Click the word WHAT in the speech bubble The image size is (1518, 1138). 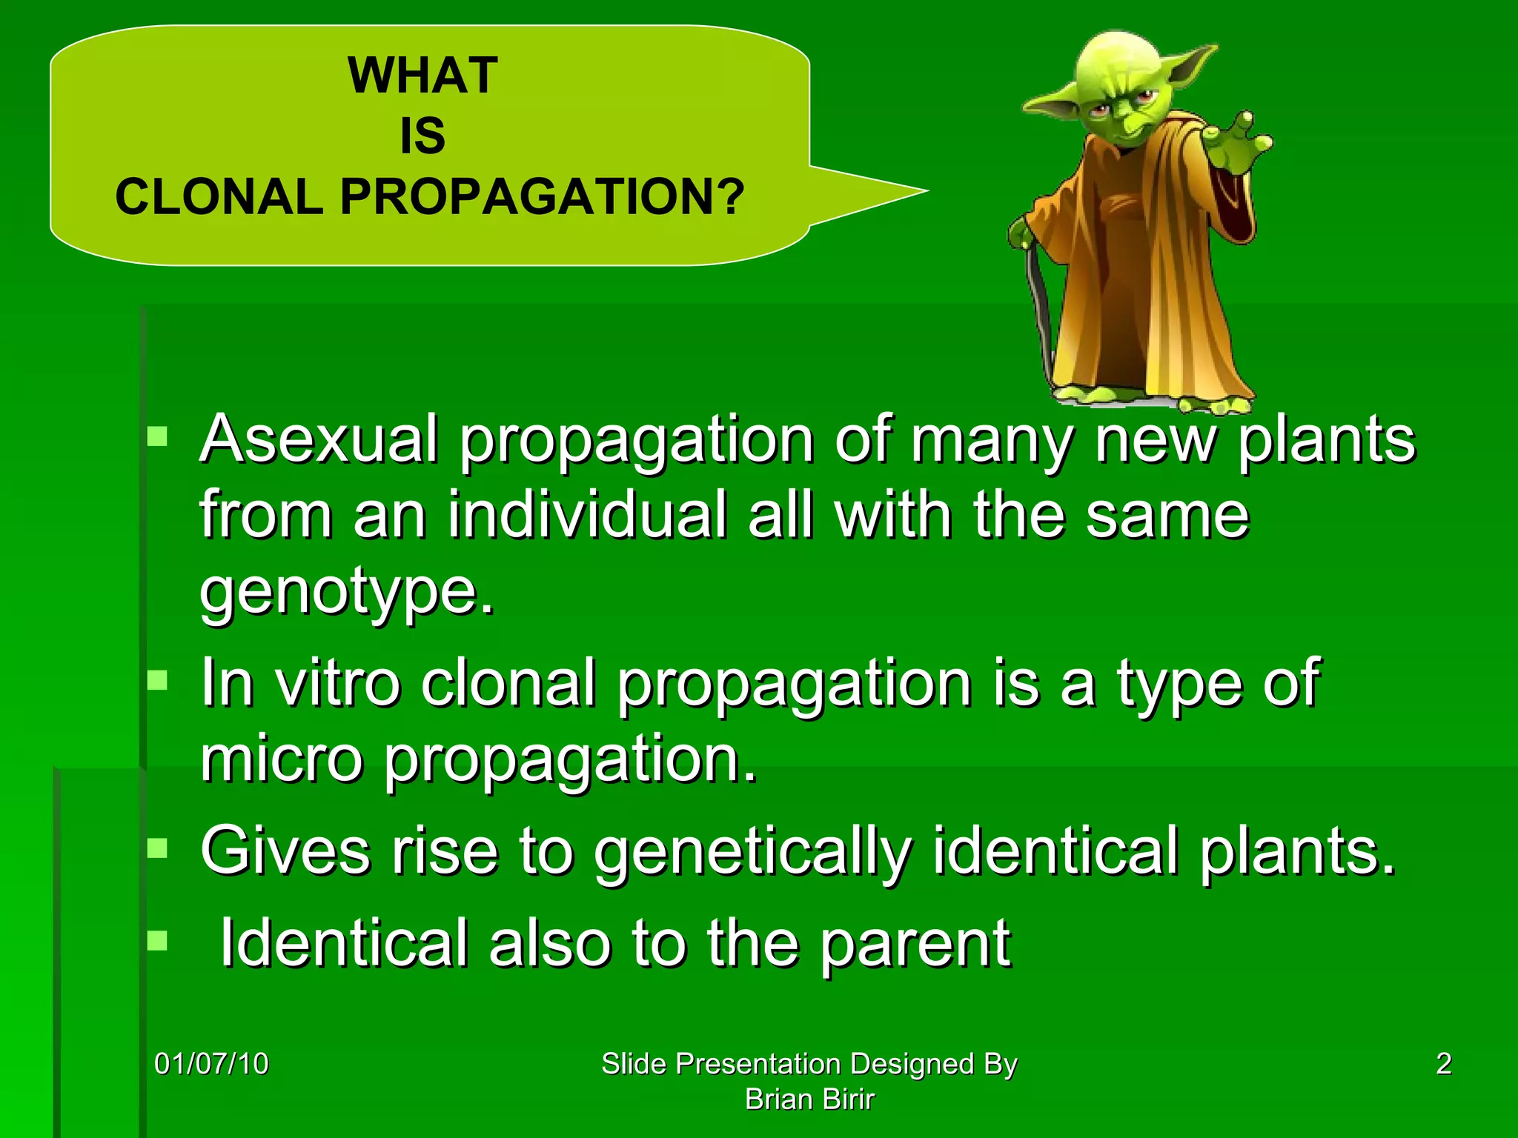[x=422, y=76]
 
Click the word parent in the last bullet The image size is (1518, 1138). [x=915, y=945]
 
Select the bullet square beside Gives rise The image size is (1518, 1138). [x=157, y=848]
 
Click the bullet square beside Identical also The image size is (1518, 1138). [x=157, y=941]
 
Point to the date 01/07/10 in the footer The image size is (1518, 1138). [x=211, y=1064]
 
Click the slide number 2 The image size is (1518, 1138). [x=1443, y=1064]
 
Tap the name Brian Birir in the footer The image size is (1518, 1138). [x=809, y=1099]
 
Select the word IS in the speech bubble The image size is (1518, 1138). [x=422, y=136]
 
